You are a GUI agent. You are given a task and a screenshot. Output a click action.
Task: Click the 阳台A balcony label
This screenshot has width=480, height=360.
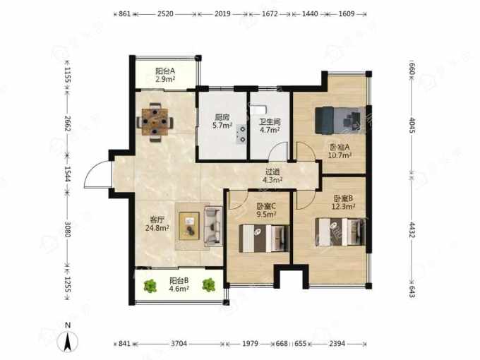click(x=165, y=71)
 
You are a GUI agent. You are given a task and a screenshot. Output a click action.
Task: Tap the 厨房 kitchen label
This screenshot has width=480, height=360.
click(x=222, y=117)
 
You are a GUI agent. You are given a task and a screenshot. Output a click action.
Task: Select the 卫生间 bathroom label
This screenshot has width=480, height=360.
click(x=270, y=122)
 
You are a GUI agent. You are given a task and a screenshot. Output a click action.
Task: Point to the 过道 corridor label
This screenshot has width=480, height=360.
click(x=272, y=172)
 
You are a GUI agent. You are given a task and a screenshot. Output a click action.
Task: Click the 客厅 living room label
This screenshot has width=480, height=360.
click(x=157, y=220)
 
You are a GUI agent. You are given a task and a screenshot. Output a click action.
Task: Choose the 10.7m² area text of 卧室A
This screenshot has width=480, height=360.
click(x=340, y=155)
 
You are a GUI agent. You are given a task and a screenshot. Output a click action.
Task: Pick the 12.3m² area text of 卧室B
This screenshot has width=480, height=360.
click(x=344, y=206)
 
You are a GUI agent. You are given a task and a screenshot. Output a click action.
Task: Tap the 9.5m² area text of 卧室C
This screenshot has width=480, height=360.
click(x=266, y=214)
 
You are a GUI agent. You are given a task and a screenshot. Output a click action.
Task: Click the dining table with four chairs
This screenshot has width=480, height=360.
click(x=155, y=122)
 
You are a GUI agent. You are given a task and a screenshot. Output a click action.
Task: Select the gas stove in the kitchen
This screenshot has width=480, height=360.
click(x=241, y=135)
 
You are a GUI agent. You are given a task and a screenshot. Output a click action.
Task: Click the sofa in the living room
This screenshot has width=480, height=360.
click(x=213, y=226)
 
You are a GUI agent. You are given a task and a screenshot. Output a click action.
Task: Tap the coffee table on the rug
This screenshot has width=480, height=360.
click(x=189, y=226)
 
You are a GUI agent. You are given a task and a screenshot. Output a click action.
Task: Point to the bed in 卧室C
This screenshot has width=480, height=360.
click(x=264, y=239)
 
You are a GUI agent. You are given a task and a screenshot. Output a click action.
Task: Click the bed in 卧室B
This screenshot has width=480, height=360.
click(x=340, y=232)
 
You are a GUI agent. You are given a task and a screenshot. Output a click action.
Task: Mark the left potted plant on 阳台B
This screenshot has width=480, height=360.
click(x=150, y=286)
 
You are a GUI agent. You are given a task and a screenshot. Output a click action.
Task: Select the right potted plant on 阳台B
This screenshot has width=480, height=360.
click(x=209, y=284)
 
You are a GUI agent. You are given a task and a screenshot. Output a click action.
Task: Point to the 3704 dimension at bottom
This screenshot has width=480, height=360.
click(x=179, y=344)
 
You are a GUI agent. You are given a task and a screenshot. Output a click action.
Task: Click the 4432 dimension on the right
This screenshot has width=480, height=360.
click(x=412, y=229)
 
